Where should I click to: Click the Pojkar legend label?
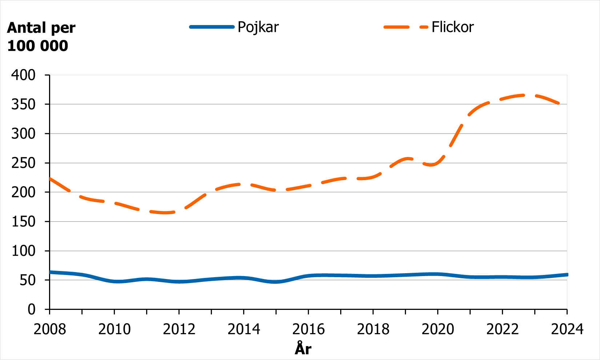[258, 27]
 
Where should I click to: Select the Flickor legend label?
[452, 27]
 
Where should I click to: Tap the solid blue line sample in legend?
[212, 27]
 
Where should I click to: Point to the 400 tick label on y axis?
[24, 75]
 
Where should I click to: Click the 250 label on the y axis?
[24, 163]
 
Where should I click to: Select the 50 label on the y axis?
[28, 280]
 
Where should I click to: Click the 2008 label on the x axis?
[50, 329]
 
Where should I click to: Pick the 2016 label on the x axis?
[309, 329]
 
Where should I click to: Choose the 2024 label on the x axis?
[567, 329]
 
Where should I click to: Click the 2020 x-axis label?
[438, 329]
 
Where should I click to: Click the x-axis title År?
[303, 349]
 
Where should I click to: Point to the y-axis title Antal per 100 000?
[41, 37]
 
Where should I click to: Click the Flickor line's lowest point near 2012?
[165, 213]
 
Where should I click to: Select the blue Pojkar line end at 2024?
[566, 275]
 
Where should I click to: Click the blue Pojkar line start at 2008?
[50, 272]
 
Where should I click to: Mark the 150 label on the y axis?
[24, 222]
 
